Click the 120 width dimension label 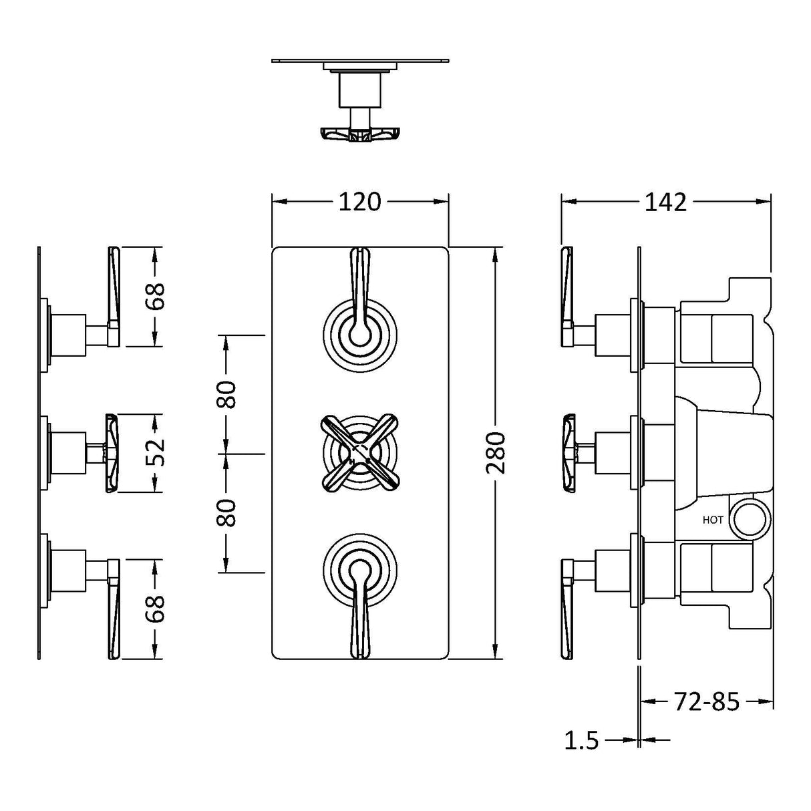click(359, 202)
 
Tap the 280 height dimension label click(496, 453)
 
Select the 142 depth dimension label click(665, 202)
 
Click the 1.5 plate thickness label click(581, 740)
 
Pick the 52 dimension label click(154, 453)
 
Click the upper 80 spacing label click(226, 394)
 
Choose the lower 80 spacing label click(226, 512)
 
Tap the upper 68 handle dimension click(154, 297)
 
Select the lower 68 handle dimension click(154, 608)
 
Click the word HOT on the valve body click(713, 520)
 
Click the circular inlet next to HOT click(752, 519)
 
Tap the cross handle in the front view click(360, 453)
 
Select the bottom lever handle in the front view click(360, 609)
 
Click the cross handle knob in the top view click(360, 134)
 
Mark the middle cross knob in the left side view click(112, 453)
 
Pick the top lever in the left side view click(113, 297)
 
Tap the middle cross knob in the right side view click(568, 453)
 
